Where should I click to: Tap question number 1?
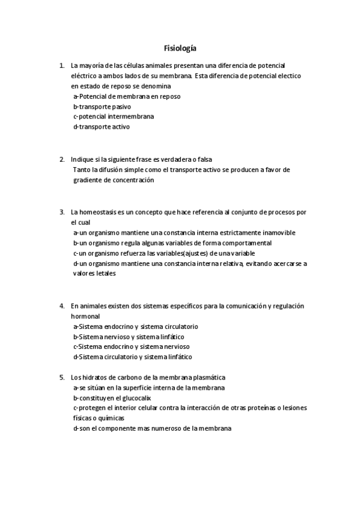pos(62,65)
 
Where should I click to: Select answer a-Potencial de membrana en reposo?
pos(126,96)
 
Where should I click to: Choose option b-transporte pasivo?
pos(102,106)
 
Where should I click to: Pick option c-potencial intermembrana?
pos(113,117)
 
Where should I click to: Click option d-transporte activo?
pos(101,127)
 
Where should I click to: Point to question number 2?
pos(62,159)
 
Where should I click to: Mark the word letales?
pos(103,274)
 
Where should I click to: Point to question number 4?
pos(62,306)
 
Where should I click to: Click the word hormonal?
pos(85,316)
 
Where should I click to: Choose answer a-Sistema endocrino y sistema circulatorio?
pos(135,326)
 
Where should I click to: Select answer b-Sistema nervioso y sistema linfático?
pos(128,336)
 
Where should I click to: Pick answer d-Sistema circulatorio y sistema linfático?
pos(132,357)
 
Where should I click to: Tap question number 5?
pos(62,377)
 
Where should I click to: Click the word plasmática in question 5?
pos(207,377)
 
